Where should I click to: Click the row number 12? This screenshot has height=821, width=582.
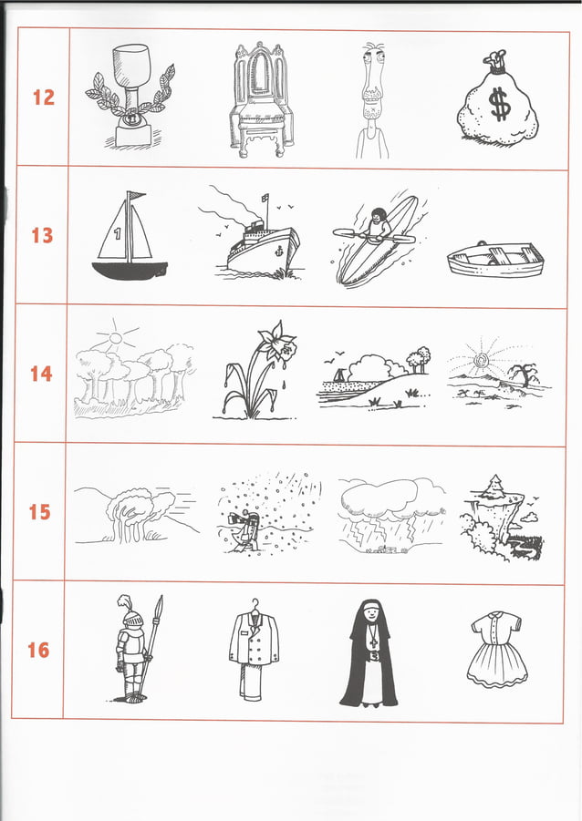43,97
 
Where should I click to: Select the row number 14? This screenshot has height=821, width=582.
41,374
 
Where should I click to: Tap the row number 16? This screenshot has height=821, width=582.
38,650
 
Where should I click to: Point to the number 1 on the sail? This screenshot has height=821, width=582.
118,233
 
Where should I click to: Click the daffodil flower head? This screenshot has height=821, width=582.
277,344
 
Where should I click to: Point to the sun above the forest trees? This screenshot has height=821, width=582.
113,340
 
